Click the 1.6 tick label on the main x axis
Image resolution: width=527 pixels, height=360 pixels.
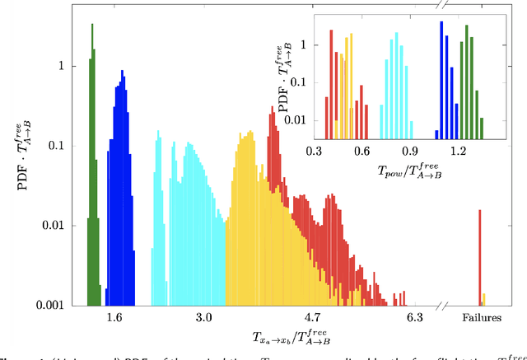pyautogui.click(x=114, y=317)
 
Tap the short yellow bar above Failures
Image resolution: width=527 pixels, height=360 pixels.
pyautogui.click(x=484, y=299)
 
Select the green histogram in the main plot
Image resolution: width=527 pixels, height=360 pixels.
pyautogui.click(x=93, y=165)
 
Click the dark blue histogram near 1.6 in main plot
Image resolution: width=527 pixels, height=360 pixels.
pyautogui.click(x=121, y=206)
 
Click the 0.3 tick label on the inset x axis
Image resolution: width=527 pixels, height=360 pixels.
pyautogui.click(x=314, y=152)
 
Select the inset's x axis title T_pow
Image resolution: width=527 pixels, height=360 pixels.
pyautogui.click(x=398, y=167)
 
